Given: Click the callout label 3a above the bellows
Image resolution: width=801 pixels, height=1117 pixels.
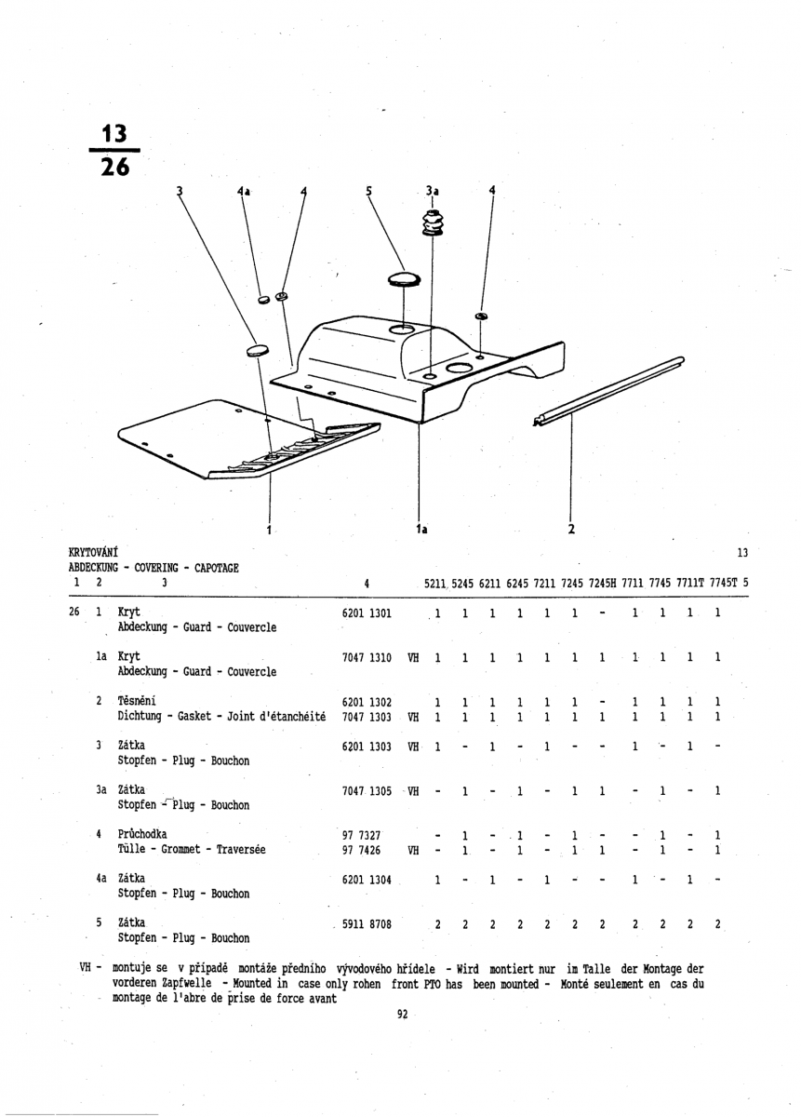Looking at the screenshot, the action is click(432, 191).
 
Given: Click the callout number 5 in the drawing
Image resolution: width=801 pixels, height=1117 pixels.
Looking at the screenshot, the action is click(368, 190).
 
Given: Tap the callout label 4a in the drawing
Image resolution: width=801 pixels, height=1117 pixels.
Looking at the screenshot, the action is click(243, 191).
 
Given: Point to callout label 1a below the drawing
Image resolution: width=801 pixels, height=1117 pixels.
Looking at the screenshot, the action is click(421, 530).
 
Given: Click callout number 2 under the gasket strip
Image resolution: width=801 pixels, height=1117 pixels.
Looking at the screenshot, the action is click(571, 529).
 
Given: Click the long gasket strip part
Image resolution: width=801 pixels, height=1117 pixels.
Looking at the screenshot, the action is click(608, 391).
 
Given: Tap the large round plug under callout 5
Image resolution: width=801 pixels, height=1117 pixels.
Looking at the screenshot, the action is click(404, 279).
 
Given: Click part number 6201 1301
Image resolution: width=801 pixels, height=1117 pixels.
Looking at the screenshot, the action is click(367, 612).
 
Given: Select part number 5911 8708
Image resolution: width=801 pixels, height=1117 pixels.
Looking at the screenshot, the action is click(367, 924).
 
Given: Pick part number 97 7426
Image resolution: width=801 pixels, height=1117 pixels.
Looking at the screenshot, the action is click(361, 850).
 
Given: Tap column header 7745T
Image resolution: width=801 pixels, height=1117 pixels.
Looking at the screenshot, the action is click(723, 583).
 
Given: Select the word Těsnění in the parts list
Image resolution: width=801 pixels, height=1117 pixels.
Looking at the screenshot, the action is click(137, 701).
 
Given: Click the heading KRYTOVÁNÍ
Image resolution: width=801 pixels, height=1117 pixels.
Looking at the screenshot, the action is click(93, 553).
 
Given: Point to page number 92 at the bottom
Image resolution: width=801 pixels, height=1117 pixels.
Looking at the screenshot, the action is click(403, 1014).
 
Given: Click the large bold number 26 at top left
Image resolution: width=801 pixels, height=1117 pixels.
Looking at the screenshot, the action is click(115, 167).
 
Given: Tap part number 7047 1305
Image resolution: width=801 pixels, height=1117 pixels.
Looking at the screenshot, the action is click(367, 791).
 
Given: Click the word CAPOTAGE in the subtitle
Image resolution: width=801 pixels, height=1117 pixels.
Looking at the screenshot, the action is click(217, 568).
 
